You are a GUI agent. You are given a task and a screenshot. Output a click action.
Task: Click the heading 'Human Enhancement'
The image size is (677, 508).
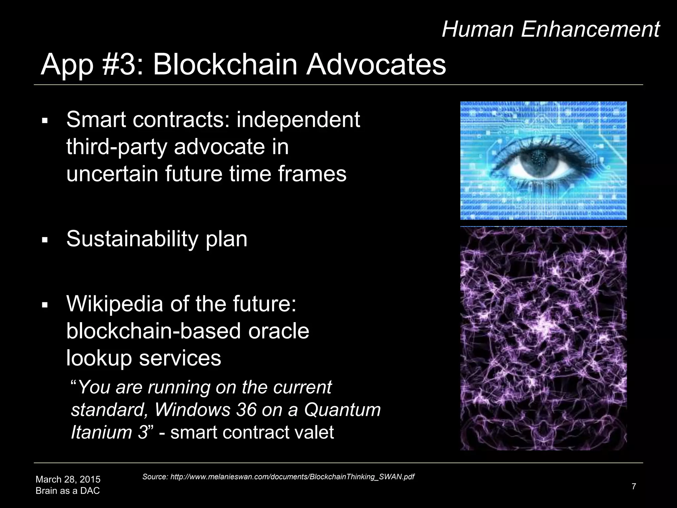pyautogui.click(x=550, y=29)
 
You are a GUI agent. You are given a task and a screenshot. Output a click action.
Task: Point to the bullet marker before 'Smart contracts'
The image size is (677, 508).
pyautogui.click(x=45, y=121)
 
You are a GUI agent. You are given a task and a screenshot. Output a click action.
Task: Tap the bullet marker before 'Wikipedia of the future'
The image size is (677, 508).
pyautogui.click(x=45, y=305)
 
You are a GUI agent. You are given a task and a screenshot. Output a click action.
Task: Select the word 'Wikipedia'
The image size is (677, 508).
pyautogui.click(x=114, y=304)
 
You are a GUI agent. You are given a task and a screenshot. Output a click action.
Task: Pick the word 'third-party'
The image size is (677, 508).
pyautogui.click(x=116, y=147)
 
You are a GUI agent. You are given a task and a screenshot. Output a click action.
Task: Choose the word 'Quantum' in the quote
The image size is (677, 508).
pyautogui.click(x=342, y=409)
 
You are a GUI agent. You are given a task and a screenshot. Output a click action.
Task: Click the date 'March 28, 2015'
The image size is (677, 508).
pyautogui.click(x=68, y=479)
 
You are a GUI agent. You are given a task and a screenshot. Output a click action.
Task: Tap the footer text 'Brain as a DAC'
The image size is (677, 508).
pyautogui.click(x=67, y=490)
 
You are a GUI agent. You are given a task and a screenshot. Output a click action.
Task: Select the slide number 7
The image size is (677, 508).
pyautogui.click(x=633, y=486)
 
